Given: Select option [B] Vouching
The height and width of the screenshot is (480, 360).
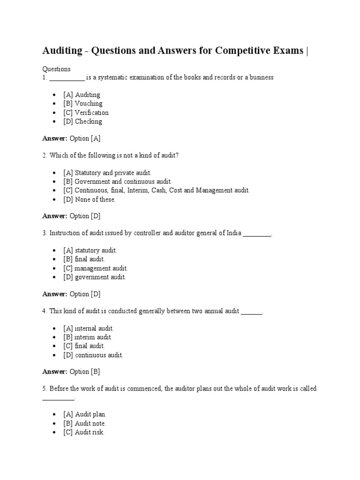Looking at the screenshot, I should coord(82,104).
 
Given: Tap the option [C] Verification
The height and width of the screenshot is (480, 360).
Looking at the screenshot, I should coord(86,112).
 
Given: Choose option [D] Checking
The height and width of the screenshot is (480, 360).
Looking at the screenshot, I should coord(82,121).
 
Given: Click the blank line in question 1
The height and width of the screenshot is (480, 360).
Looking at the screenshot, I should coord(67,78).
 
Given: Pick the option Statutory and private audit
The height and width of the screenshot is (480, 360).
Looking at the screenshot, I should coord(107,173).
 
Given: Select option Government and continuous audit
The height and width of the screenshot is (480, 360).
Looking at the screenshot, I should coord(118,181).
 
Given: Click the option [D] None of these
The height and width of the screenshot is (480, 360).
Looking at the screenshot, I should coord(89,199).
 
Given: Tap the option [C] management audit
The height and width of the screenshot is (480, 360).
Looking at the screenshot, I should coord(96,268).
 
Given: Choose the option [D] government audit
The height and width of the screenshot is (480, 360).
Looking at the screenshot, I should coord(95,277).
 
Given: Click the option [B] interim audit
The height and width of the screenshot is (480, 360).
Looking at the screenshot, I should coord(88,337).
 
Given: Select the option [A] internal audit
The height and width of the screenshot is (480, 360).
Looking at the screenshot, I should coord(89,328).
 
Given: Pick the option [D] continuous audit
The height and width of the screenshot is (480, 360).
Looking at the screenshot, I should coord(93,355).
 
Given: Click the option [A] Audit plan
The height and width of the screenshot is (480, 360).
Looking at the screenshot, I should coord(85,414).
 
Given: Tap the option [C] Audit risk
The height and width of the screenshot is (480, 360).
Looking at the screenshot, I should coord(84,432).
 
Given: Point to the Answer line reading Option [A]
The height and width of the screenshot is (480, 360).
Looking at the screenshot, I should coord(71,138).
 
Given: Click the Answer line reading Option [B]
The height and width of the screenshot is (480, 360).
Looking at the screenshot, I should coord(71,372).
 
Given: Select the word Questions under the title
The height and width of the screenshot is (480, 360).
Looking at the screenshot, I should coord(56,69).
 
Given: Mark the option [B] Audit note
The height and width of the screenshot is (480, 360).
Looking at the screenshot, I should coord(85,423).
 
